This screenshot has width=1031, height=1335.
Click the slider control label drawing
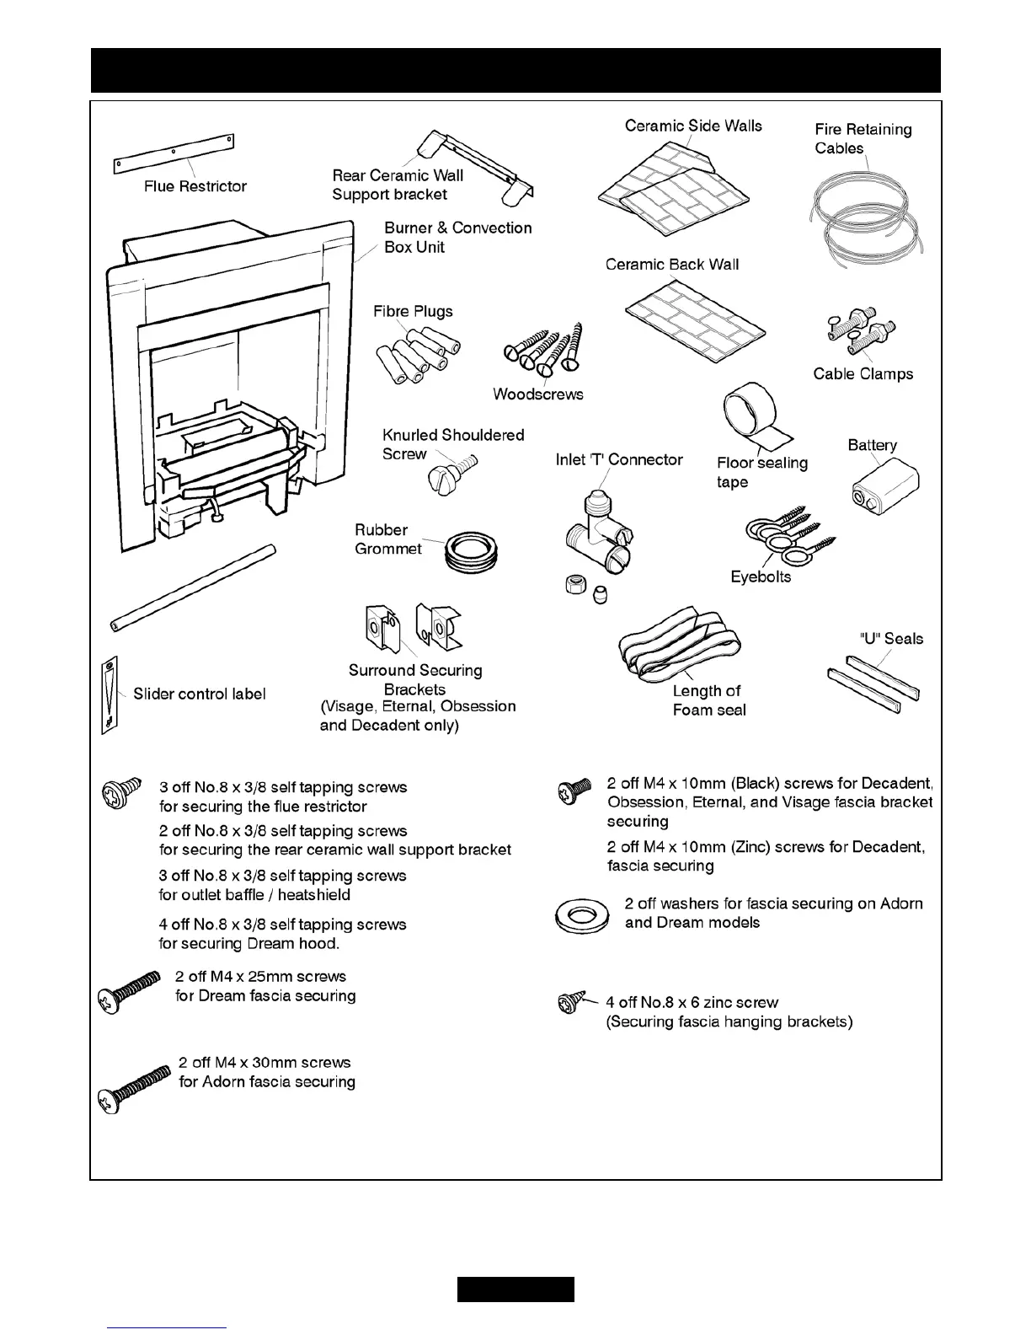(110, 694)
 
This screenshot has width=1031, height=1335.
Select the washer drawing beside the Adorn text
(582, 914)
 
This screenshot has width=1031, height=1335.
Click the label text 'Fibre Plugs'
(413, 311)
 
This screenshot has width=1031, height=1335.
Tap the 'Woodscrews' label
(537, 394)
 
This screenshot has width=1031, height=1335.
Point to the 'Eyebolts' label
(761, 576)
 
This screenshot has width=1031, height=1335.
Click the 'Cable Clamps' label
(863, 373)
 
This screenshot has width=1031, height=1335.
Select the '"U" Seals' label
(891, 638)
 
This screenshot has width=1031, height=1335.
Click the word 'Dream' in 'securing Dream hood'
(272, 944)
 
